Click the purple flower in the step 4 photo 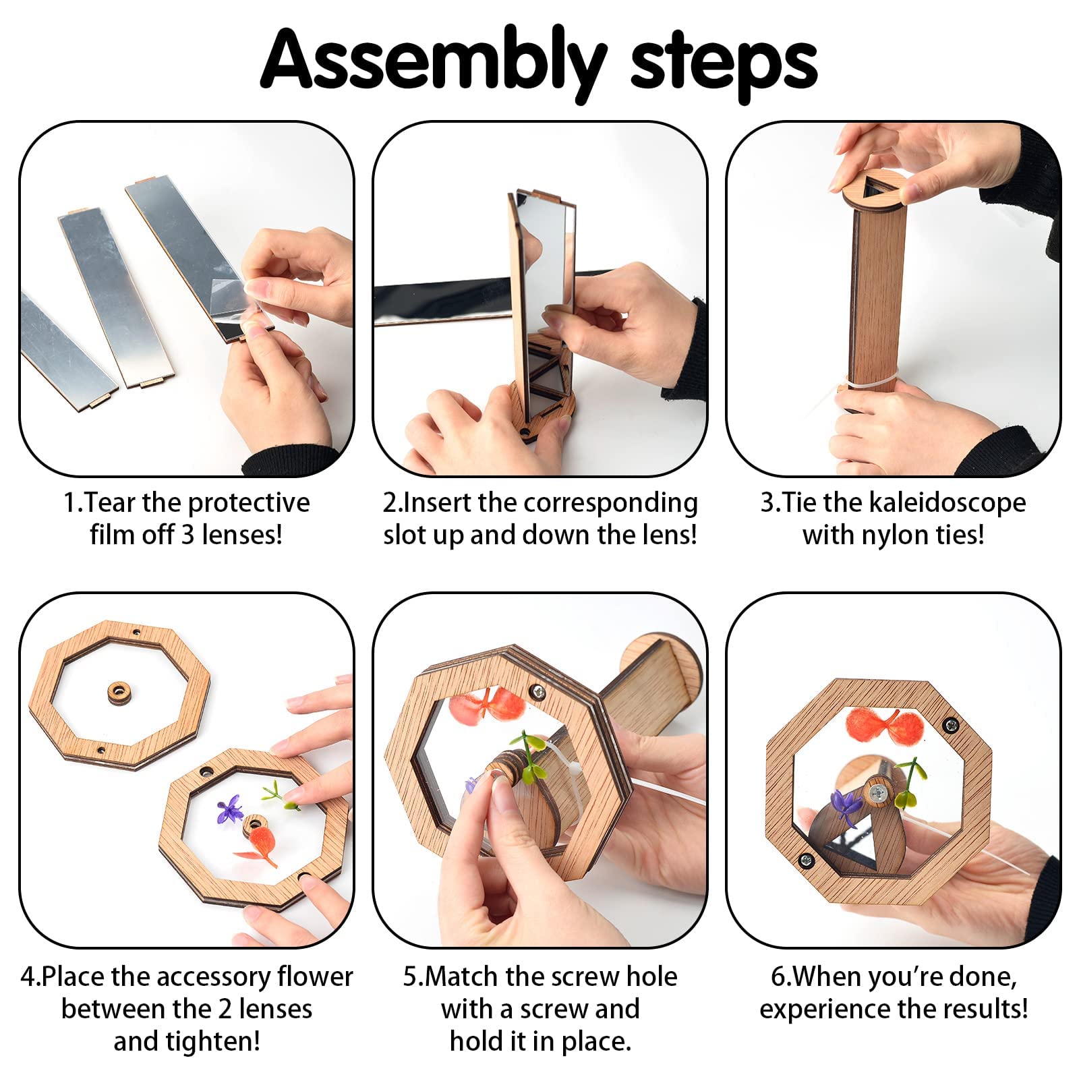coord(230,809)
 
